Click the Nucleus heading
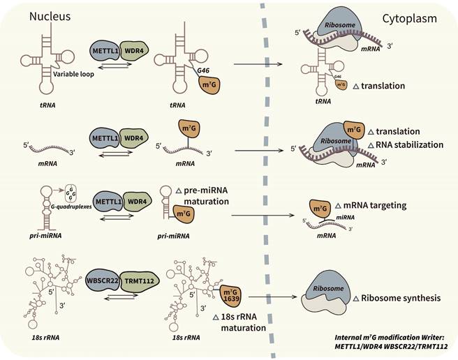pyautogui.click(x=52, y=15)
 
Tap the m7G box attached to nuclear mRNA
pyautogui.click(x=190, y=132)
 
